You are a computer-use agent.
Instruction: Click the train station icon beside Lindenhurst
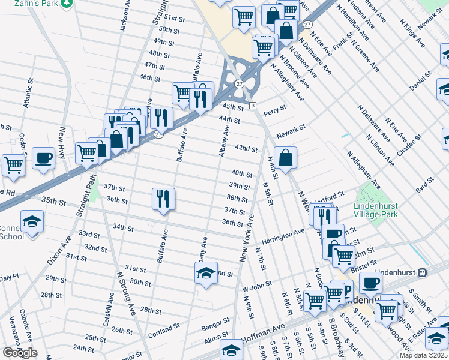(422, 272)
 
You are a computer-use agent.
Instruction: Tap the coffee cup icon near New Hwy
(43, 157)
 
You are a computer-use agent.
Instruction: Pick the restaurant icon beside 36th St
(163, 198)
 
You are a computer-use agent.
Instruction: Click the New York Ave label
(247, 238)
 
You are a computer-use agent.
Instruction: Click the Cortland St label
(164, 331)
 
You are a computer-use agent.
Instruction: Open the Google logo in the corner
(20, 353)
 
